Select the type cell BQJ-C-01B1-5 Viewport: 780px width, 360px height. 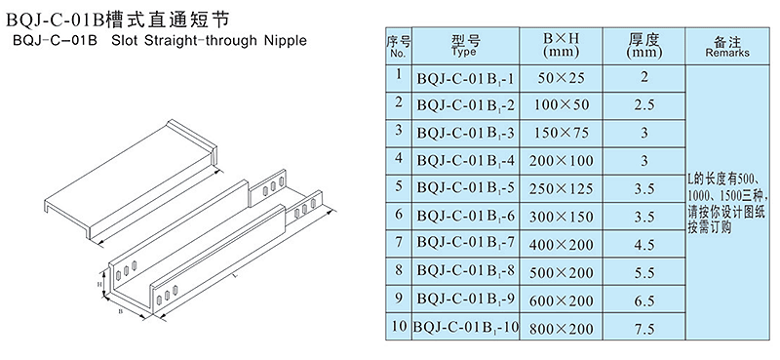pyautogui.click(x=465, y=188)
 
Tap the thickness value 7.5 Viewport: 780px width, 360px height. pyautogui.click(x=644, y=329)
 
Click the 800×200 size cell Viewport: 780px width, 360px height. pyautogui.click(x=562, y=329)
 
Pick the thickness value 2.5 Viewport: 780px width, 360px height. pyautogui.click(x=644, y=105)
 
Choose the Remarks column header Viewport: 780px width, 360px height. pyautogui.click(x=727, y=46)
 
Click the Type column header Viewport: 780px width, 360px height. pyautogui.click(x=466, y=45)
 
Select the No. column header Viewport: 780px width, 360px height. pyautogui.click(x=399, y=46)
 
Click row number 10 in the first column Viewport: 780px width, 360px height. pyautogui.click(x=399, y=327)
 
